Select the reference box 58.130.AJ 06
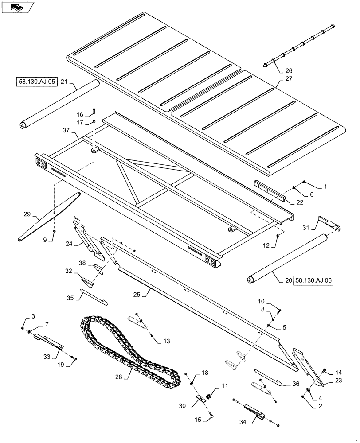tap(313, 280)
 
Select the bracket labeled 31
tap(329, 224)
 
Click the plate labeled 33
tap(50, 341)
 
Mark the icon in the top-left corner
tap(18, 8)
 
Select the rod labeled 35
tap(93, 297)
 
